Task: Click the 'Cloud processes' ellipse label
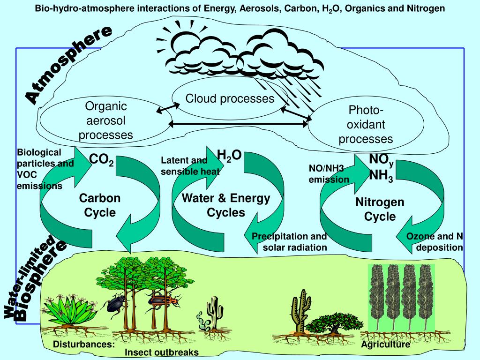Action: [230, 98]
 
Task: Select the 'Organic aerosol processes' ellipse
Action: [105, 121]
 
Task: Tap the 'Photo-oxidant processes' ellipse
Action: [366, 125]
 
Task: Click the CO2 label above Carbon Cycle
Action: [101, 160]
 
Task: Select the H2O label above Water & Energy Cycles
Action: [229, 156]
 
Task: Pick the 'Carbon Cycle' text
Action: [100, 205]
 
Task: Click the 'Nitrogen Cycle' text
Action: [380, 210]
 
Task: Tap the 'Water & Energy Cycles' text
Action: [226, 205]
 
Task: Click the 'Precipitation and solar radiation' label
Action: [289, 242]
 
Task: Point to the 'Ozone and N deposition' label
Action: [435, 242]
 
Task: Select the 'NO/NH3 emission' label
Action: [329, 173]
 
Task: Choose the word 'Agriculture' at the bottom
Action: [385, 345]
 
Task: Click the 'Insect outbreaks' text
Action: [162, 352]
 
